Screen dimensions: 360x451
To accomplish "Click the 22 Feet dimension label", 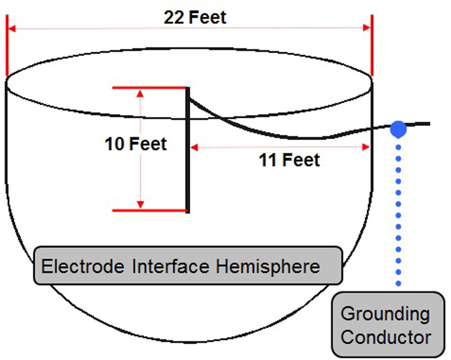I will click(195, 18).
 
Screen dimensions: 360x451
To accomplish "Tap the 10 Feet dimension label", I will click(136, 144).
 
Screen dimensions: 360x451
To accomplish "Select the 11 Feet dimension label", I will click(289, 160).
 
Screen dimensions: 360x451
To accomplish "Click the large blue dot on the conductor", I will click(398, 129).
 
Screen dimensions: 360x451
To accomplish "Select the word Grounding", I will click(385, 314).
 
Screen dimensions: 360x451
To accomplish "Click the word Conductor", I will click(385, 337).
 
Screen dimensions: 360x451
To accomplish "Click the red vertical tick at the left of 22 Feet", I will click(7, 45).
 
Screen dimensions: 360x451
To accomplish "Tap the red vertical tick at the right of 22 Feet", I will click(372, 45).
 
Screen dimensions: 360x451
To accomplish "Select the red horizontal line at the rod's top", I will click(149, 87).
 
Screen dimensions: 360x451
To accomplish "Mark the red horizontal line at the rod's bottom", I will click(149, 210).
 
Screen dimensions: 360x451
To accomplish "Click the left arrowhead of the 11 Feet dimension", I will click(194, 146).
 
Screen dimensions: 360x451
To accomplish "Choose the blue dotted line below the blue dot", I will click(398, 212).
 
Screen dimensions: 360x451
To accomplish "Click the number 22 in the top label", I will click(174, 18).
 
